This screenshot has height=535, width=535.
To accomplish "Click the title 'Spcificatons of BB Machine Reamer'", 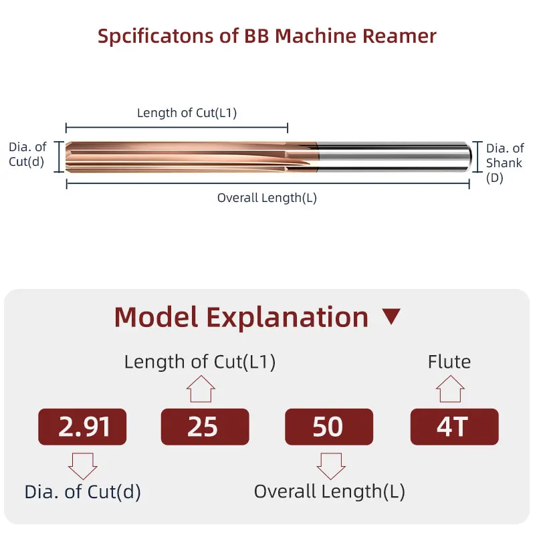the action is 267,35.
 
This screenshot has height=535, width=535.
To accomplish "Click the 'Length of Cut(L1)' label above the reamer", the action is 187,112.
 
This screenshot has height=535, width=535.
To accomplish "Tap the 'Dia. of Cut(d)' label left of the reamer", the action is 27,154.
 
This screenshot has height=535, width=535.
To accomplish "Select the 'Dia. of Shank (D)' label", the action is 504,163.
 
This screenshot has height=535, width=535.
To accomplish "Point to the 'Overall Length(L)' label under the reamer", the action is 267,198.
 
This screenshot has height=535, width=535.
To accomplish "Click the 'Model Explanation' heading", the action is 241,317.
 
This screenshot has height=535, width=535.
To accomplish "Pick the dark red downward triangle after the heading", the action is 391,317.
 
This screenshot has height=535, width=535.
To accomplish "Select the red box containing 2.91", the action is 82,427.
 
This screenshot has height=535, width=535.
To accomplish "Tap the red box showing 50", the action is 328,427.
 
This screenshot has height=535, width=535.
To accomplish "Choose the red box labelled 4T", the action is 453,427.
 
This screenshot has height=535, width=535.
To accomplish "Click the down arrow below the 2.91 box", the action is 83,464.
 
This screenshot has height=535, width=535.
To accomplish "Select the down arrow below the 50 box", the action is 330,464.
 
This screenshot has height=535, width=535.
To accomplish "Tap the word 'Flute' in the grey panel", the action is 449,362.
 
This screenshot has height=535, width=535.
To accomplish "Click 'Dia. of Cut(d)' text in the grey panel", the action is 83,492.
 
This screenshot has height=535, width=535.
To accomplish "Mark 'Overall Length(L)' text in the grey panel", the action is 329,492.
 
